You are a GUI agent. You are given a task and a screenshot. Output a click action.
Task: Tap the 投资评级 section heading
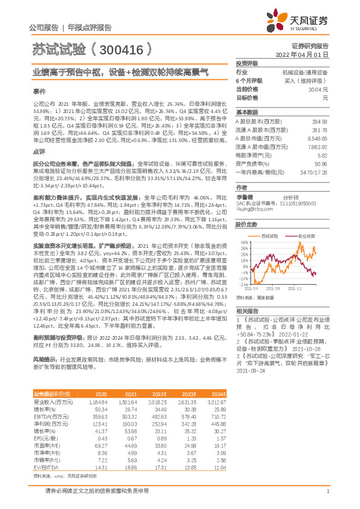(246, 63)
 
